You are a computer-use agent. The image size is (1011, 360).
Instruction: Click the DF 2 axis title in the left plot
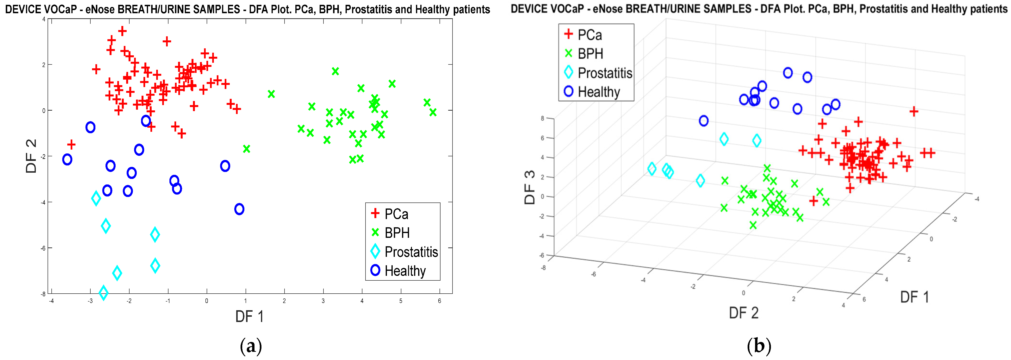pos(31,156)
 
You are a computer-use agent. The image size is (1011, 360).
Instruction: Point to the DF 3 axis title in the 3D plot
pos(529,187)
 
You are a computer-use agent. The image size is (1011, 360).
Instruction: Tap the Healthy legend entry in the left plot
pos(405,271)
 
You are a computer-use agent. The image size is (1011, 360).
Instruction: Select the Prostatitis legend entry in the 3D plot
pos(604,73)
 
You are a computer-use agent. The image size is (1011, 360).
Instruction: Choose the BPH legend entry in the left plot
pos(397,233)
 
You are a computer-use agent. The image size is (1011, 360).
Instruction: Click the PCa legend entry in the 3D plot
pos(589,35)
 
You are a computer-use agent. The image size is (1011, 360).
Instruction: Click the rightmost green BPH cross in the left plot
pos(433,113)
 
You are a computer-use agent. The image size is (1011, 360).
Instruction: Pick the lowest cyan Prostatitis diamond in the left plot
pos(104,292)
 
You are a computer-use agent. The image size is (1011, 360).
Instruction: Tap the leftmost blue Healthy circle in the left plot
pos(67,160)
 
